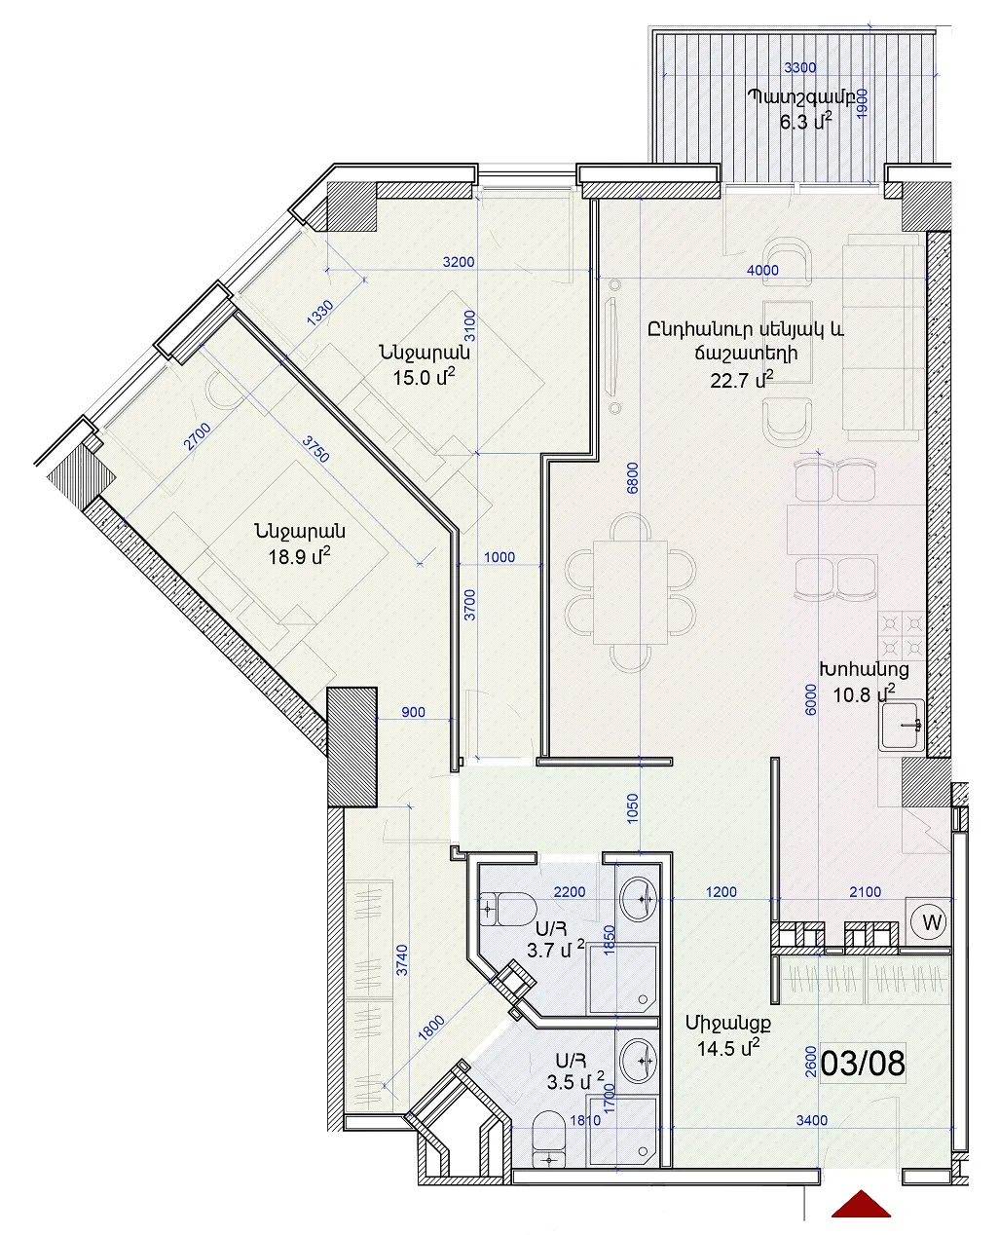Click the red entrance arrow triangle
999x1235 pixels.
(x=861, y=1205)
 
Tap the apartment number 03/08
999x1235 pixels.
(x=863, y=1064)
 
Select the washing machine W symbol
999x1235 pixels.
(x=932, y=922)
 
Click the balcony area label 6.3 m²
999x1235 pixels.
(x=806, y=122)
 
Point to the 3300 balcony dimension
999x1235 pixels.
(x=799, y=68)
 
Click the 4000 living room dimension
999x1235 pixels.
(x=762, y=270)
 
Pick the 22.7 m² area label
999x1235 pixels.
(x=742, y=380)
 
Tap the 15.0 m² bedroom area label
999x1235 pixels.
(x=424, y=377)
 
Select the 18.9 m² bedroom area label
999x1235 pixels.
(x=299, y=556)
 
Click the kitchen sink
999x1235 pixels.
(x=902, y=725)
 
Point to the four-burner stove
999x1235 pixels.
(x=902, y=636)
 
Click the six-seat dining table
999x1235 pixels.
(x=630, y=592)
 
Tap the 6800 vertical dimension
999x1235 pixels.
(x=632, y=478)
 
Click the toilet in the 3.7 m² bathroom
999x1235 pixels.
(x=507, y=909)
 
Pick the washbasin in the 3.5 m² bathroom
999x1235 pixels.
(x=639, y=1061)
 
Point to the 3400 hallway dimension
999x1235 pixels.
(x=811, y=1121)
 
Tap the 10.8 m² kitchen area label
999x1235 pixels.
(x=864, y=693)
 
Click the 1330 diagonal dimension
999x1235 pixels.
(x=320, y=313)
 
